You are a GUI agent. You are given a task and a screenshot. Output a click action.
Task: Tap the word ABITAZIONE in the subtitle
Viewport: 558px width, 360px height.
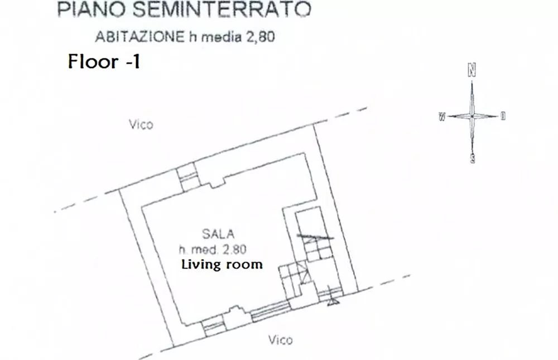pyautogui.click(x=140, y=37)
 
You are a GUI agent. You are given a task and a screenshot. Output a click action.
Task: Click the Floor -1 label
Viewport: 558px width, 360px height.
pyautogui.click(x=104, y=61)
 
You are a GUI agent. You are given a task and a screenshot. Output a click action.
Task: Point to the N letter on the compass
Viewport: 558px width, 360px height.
pyautogui.click(x=472, y=70)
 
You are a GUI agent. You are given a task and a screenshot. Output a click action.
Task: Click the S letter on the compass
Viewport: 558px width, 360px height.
pyautogui.click(x=472, y=158)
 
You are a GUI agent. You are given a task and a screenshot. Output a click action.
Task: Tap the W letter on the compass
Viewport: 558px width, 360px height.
pyautogui.click(x=442, y=117)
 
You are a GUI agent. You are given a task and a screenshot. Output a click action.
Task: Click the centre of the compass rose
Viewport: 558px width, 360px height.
pyautogui.click(x=472, y=116)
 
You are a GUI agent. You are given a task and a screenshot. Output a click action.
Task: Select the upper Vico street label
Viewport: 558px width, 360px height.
pyautogui.click(x=141, y=124)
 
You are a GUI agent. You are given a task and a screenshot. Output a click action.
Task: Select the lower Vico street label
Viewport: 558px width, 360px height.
pyautogui.click(x=281, y=340)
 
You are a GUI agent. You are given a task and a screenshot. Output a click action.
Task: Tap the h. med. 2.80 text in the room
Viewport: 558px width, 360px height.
pyautogui.click(x=213, y=249)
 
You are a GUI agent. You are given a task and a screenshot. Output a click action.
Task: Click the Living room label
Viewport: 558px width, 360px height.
pyautogui.click(x=222, y=264)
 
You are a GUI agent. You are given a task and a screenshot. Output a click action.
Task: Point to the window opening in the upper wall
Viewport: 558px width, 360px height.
pyautogui.click(x=187, y=177)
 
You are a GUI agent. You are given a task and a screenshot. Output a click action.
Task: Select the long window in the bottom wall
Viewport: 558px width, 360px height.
pyautogui.click(x=271, y=311)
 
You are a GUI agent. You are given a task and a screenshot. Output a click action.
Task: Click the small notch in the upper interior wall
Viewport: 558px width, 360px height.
pyautogui.click(x=217, y=184)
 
